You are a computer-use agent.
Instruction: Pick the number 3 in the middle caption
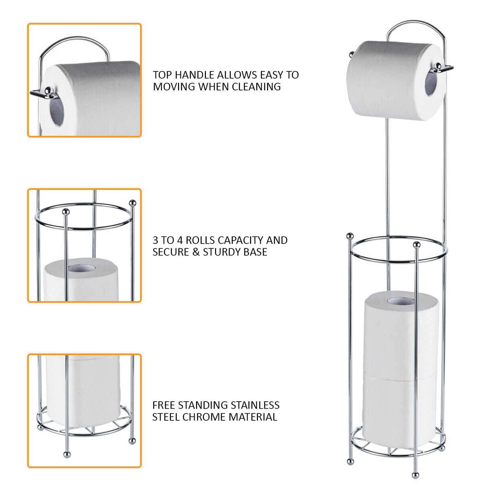(x=155, y=241)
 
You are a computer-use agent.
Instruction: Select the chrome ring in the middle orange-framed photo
(x=83, y=228)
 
